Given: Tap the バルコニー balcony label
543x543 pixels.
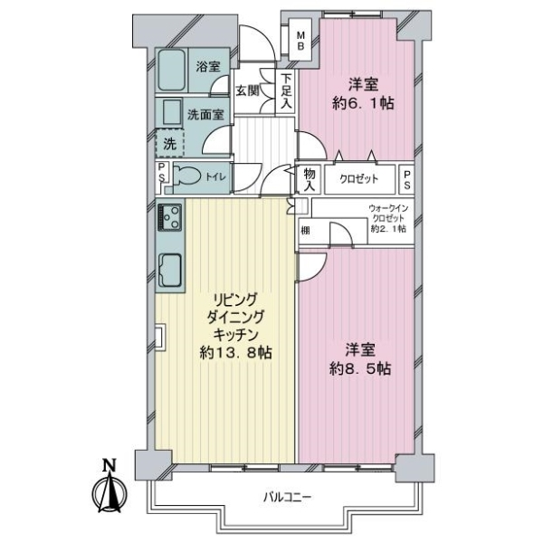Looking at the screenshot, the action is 288,497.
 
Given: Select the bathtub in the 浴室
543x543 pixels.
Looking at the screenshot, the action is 172,70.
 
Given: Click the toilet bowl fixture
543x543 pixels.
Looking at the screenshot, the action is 187,177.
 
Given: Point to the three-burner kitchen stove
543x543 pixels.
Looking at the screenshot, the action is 170,217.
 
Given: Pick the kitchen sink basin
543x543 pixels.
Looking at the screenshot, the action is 170,270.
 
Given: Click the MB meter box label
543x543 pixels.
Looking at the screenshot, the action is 300,41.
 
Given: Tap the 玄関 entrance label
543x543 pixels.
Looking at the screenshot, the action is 248,90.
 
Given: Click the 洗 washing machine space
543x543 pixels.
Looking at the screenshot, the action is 169,143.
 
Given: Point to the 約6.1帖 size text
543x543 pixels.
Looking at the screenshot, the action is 363,103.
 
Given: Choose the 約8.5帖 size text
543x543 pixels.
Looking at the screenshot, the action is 360,369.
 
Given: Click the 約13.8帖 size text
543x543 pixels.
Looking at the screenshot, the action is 235,353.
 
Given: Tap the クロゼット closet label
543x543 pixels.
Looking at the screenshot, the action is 358,179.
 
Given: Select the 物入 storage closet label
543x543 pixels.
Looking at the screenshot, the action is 310,180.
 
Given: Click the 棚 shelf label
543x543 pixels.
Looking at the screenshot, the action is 305,230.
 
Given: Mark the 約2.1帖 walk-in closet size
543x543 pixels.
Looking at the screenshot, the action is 388,229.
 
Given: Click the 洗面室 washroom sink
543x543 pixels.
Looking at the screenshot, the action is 172,112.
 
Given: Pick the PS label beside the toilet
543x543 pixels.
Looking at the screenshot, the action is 161,172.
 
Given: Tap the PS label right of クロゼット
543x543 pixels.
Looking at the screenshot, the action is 407,179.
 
